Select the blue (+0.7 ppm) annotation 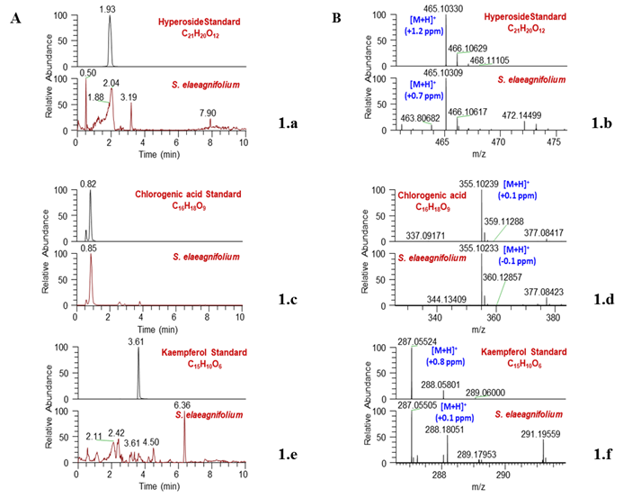click(424, 95)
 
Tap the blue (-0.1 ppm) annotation click(517, 261)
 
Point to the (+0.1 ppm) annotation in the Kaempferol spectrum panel click(454, 418)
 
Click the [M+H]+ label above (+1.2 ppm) click(423, 19)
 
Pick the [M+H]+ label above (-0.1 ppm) click(516, 249)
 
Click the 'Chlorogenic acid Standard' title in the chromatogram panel click(189, 194)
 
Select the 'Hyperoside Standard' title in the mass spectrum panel click(526, 16)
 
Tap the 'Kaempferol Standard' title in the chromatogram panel click(205, 352)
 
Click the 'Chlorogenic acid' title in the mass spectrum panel click(432, 195)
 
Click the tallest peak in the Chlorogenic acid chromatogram click(91, 259)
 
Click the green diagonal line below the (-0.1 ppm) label click(502, 292)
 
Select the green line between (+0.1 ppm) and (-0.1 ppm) click(500, 232)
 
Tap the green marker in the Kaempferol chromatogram click(105, 440)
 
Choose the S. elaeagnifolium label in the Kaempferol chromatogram click(209, 414)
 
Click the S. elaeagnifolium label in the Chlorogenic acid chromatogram click(207, 257)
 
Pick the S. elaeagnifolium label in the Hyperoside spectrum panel click(532, 79)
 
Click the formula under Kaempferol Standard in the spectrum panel click(525, 364)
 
